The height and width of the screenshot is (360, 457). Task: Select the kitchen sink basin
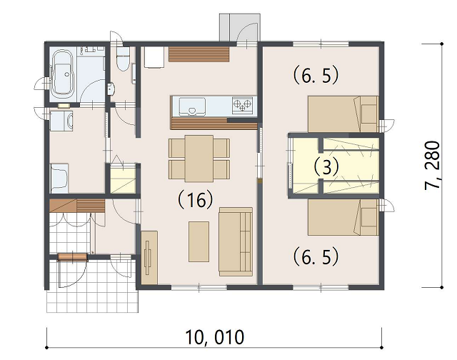[x=192, y=106]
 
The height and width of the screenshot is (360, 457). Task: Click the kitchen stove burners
[x=242, y=105]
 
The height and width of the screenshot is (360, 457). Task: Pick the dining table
[x=199, y=159]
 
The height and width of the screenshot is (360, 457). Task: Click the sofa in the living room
[x=236, y=241]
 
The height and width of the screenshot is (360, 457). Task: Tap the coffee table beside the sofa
[x=199, y=241]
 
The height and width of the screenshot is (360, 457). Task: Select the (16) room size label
[x=196, y=200]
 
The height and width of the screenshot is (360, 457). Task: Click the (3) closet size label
[x=326, y=167]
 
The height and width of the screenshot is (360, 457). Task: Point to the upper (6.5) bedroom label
[x=316, y=76]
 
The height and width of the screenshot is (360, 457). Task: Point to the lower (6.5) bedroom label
[x=316, y=256]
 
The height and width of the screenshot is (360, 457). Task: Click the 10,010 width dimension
[x=215, y=337]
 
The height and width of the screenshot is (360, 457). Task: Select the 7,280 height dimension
[x=432, y=165]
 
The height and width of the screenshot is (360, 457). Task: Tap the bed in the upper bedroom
[x=343, y=114]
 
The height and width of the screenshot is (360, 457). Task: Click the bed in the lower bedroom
[x=343, y=217]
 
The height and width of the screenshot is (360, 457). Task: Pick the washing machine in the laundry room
[x=61, y=120]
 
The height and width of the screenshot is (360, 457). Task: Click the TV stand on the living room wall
[x=149, y=258]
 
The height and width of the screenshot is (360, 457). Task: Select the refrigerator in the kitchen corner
[x=154, y=57]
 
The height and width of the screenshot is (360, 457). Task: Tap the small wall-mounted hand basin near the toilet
[x=111, y=89]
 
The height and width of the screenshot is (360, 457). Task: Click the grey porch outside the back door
[x=240, y=27]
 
